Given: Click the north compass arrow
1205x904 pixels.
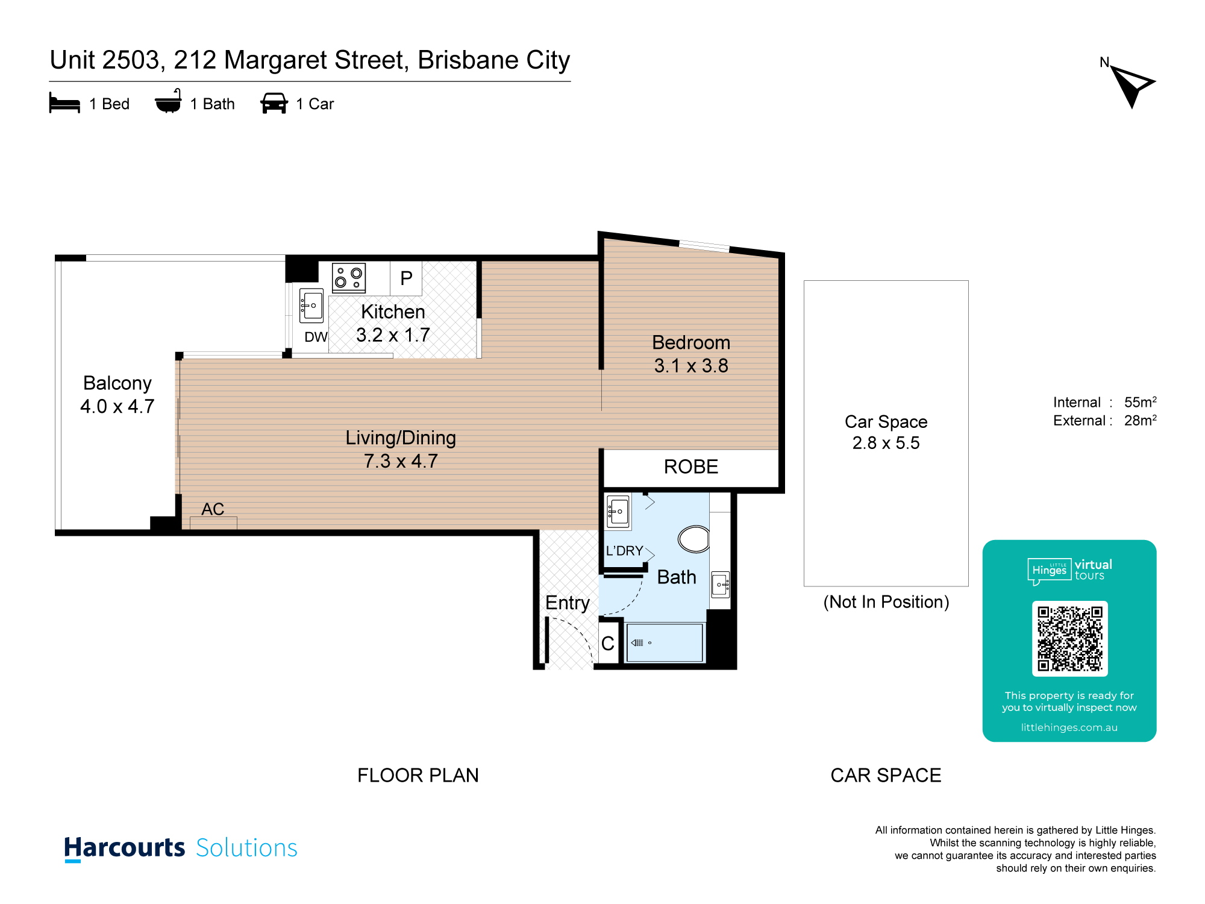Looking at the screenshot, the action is [x=1131, y=86].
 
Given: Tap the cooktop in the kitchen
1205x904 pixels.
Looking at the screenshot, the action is [x=349, y=278].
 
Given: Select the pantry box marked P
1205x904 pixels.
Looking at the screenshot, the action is [x=406, y=278].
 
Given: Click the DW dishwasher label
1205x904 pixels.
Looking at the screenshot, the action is [x=316, y=337].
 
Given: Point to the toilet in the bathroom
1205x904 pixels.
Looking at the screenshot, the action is [x=694, y=539].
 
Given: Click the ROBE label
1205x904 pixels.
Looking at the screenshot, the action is [x=691, y=466].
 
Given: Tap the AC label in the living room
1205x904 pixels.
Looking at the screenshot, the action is [x=213, y=509].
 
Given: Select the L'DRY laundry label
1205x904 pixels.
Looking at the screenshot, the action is [x=624, y=551].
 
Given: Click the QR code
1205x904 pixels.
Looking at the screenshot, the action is [x=1069, y=638].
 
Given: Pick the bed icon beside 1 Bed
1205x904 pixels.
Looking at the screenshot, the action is [x=64, y=103].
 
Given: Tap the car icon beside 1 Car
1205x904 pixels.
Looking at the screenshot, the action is [x=274, y=103].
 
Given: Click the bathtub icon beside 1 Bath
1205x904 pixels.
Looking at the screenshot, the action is [x=168, y=101].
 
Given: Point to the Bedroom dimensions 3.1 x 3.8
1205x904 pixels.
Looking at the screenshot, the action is [x=691, y=366].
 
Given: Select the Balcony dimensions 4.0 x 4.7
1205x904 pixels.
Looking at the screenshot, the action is [x=117, y=406].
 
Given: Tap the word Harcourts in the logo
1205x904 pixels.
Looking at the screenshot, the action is [x=125, y=848].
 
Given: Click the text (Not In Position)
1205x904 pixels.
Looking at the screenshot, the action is [x=886, y=602].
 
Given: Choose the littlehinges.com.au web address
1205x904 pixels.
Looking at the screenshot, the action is [x=1069, y=727].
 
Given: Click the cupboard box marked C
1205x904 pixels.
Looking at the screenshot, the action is [x=609, y=642].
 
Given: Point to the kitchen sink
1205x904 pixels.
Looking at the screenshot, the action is [x=311, y=306].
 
